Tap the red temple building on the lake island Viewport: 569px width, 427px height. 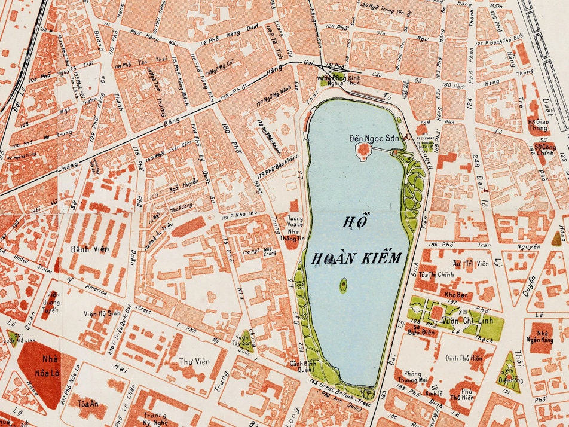pos(362,152)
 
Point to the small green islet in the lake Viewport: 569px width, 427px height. pos(344,285)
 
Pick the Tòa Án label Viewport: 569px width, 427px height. pos(88,404)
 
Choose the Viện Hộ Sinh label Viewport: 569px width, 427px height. pos(103,313)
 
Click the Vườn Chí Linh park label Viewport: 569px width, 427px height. pos(458,321)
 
